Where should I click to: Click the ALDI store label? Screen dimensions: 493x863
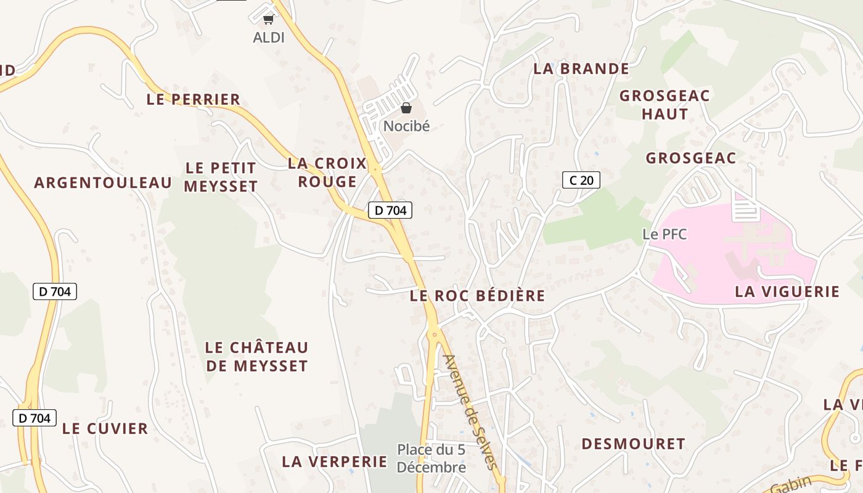269,38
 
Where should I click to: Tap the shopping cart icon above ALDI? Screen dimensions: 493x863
268,20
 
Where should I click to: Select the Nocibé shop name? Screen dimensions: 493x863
406,126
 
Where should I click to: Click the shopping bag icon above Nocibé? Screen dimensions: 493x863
406,108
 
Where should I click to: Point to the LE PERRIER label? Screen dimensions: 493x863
194,99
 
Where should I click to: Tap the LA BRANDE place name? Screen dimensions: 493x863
581,69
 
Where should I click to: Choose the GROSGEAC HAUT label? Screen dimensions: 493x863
665,105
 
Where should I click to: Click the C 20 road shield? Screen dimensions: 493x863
581,180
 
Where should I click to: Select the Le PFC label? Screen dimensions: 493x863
665,234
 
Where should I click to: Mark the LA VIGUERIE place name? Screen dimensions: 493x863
787,291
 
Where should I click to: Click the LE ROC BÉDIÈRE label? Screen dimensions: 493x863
478,296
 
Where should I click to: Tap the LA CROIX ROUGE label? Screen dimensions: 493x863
327,173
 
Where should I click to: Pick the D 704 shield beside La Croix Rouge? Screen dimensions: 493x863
390,210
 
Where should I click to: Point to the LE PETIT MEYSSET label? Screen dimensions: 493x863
221,177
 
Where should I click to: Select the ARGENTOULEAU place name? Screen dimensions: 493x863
103,183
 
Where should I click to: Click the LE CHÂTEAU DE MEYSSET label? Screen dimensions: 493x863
256,357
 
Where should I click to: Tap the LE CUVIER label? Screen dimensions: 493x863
105,429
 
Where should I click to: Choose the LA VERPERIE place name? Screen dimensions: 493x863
335,462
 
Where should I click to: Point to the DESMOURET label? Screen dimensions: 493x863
633,444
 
